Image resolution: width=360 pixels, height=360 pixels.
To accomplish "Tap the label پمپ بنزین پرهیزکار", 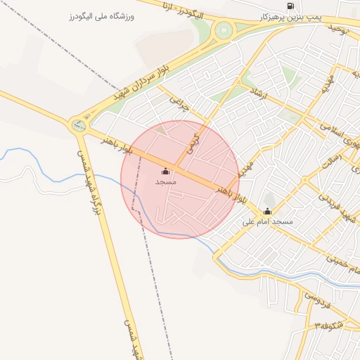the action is coord(290,17).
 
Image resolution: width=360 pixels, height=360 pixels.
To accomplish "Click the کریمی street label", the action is coord(193,143).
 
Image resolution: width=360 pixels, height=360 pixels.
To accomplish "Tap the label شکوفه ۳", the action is coord(330,326).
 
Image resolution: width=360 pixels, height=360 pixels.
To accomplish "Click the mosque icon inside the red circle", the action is coord(166,171).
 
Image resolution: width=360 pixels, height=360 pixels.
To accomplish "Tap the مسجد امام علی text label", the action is coord(267,222).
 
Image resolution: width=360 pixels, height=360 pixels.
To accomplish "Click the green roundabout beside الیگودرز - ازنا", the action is coord(224,30).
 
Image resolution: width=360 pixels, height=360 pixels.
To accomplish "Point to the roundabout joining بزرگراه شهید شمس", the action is coord(77,127).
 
